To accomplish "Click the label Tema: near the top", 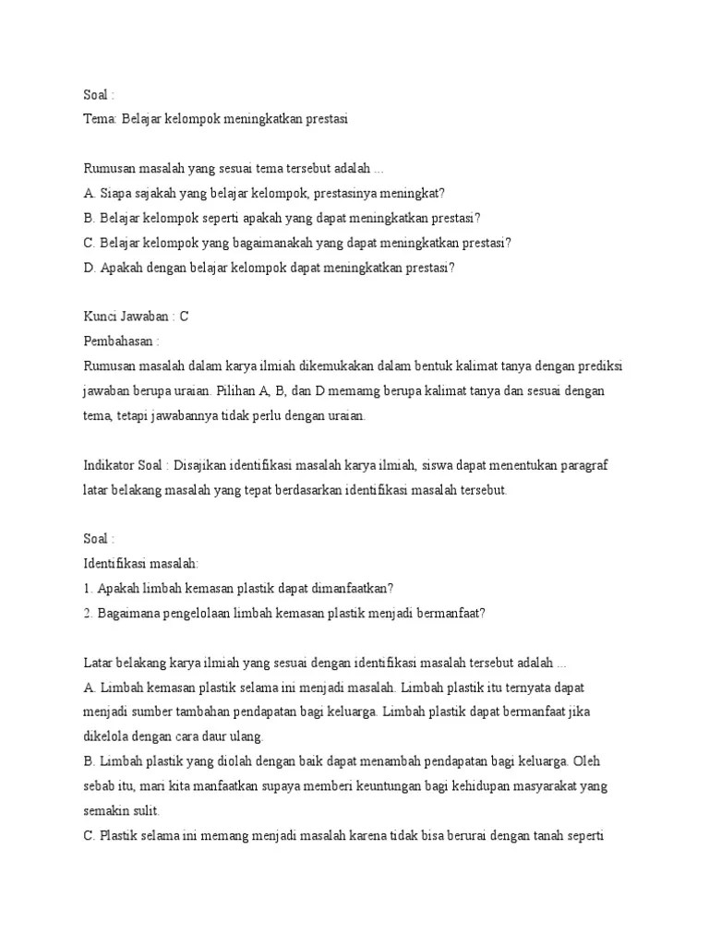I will (101, 119).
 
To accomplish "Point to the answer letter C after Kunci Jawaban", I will (185, 317).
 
